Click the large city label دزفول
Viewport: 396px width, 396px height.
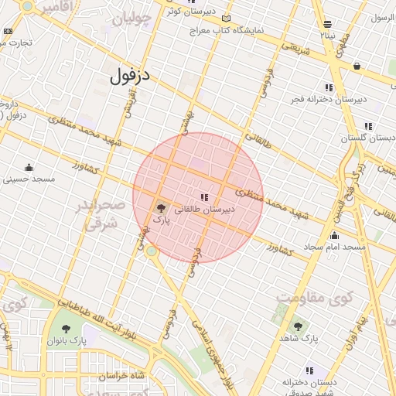pyautogui.click(x=128, y=77)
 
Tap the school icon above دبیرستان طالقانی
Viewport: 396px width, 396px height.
pyautogui.click(x=204, y=197)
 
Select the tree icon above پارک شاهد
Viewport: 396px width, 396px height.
pyautogui.click(x=299, y=326)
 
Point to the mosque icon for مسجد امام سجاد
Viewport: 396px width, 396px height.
pyautogui.click(x=334, y=235)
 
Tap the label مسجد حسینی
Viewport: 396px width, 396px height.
pyautogui.click(x=29, y=179)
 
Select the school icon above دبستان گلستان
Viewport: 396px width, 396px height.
pyautogui.click(x=368, y=126)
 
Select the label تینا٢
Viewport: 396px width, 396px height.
pyautogui.click(x=329, y=35)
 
